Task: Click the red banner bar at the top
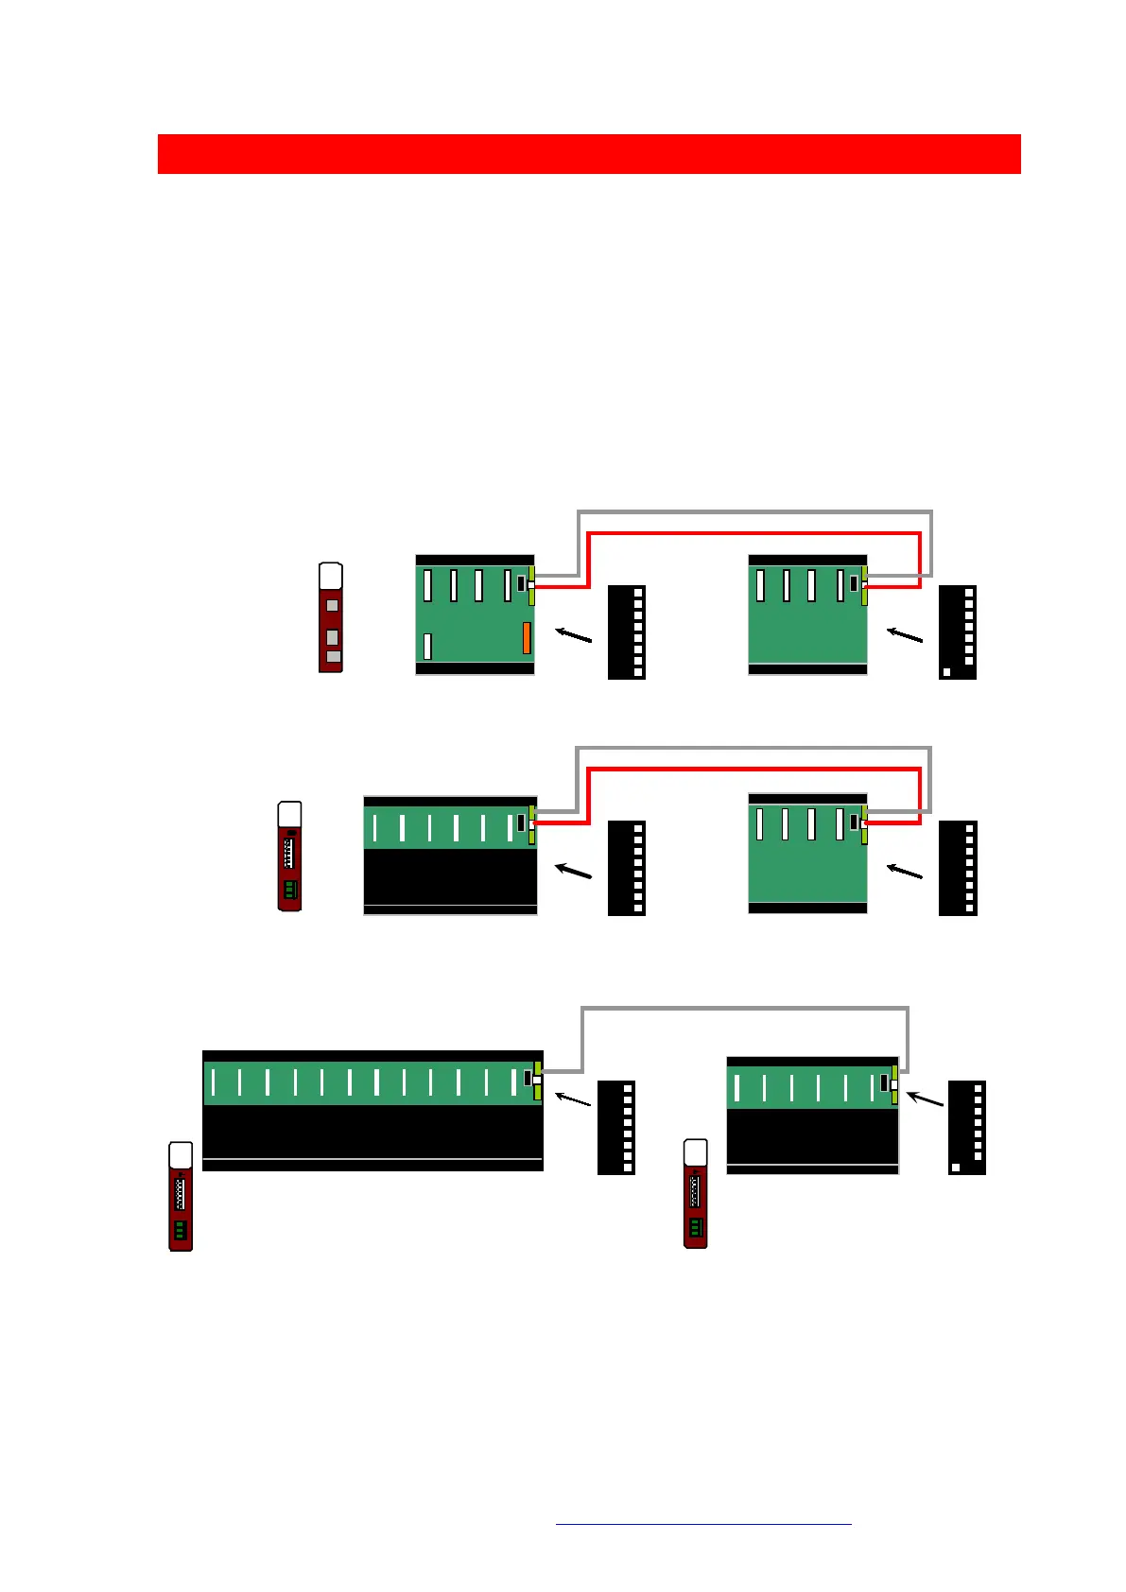click(x=588, y=154)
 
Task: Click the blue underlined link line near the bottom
click(x=703, y=1524)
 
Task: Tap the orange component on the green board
click(x=527, y=638)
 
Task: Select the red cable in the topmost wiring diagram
click(x=754, y=534)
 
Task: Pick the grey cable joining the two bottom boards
click(x=745, y=1010)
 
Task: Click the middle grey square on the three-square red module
click(x=332, y=637)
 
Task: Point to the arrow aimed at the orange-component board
click(x=573, y=635)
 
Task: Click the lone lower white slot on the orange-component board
click(x=427, y=646)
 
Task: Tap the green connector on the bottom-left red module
click(x=180, y=1230)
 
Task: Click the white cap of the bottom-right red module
click(x=695, y=1152)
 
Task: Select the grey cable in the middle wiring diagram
click(x=754, y=750)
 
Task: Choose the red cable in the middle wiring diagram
click(x=754, y=770)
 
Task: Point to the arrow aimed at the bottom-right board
click(x=926, y=1099)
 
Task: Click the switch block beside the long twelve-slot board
click(x=616, y=1128)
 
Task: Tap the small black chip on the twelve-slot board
click(x=528, y=1078)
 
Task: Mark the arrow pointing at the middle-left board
click(x=573, y=870)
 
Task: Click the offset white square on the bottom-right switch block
click(x=956, y=1168)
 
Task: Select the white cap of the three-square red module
click(x=330, y=576)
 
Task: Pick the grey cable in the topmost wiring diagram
click(x=754, y=512)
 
